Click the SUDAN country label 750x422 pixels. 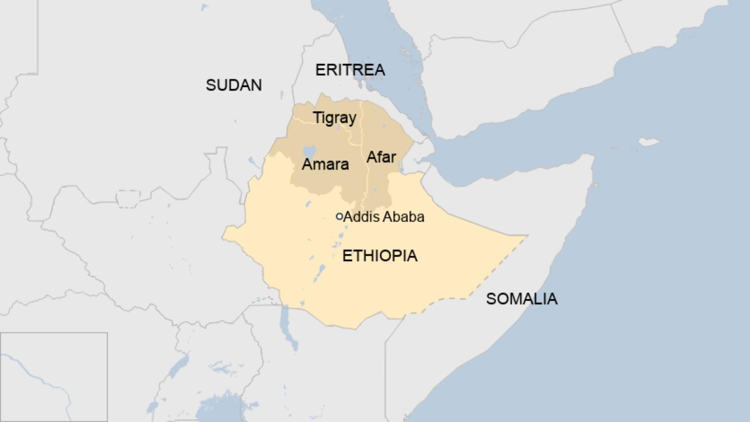point(233,85)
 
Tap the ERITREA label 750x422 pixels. point(350,70)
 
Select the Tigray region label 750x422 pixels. point(335,118)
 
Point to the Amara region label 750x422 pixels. point(325,164)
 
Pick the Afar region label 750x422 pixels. point(381,157)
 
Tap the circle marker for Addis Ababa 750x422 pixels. point(339,217)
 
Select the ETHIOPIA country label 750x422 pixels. point(380,256)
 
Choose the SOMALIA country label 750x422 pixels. point(522,299)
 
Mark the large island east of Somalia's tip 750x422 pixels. point(648,142)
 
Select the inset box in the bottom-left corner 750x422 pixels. point(54,377)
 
